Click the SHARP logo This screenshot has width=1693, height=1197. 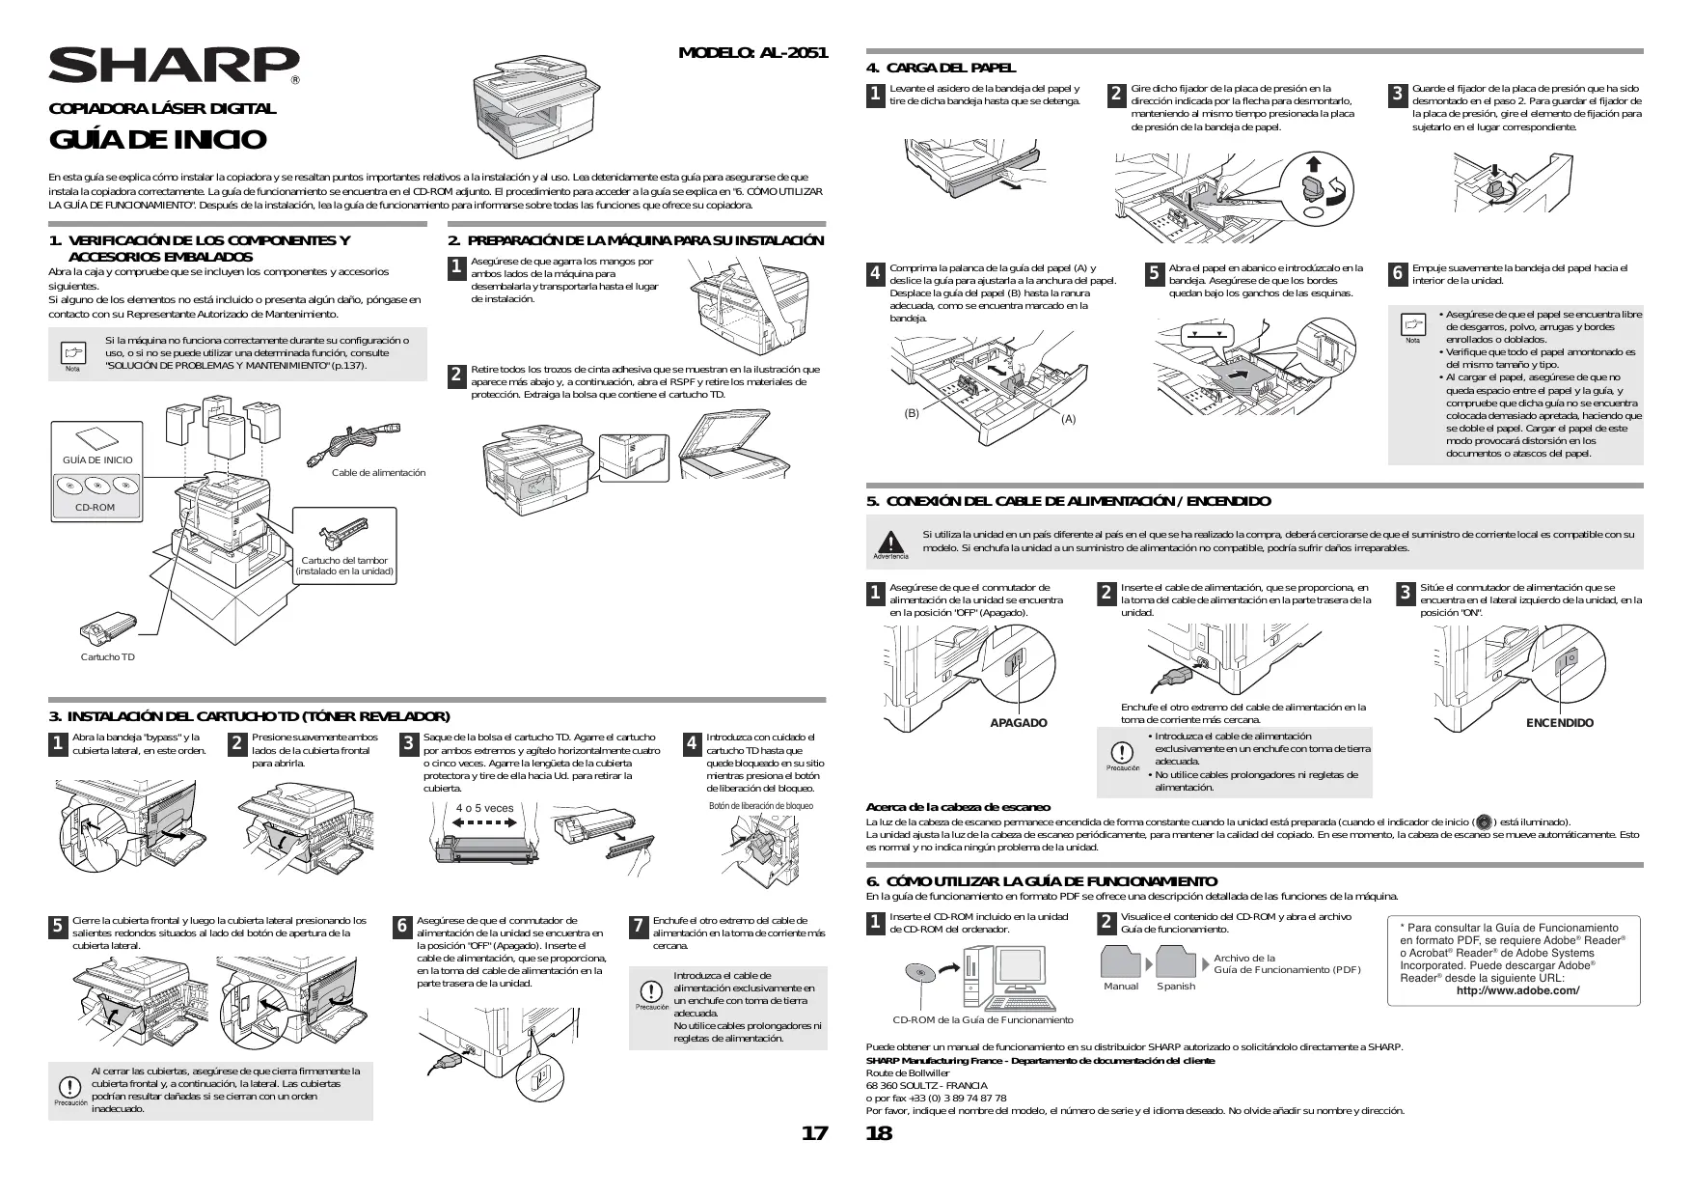[174, 66]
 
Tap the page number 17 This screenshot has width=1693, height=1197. [814, 1133]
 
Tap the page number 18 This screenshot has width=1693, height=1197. [879, 1133]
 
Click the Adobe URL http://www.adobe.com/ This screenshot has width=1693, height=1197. [1517, 990]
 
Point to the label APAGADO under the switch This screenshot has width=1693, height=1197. [1018, 723]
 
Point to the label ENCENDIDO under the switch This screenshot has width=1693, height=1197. [1559, 723]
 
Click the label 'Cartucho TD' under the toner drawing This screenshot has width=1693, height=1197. [108, 657]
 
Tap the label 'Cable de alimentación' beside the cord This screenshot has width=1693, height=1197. [378, 473]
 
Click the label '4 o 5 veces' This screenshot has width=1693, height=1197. [484, 808]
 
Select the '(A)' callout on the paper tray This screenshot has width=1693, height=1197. [1068, 419]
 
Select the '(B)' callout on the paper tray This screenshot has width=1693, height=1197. [912, 413]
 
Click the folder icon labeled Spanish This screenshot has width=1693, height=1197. [1176, 961]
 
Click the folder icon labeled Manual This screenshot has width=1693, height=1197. [1121, 961]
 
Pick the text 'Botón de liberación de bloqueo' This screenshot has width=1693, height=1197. [760, 806]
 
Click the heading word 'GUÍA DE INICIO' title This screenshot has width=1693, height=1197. [157, 140]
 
